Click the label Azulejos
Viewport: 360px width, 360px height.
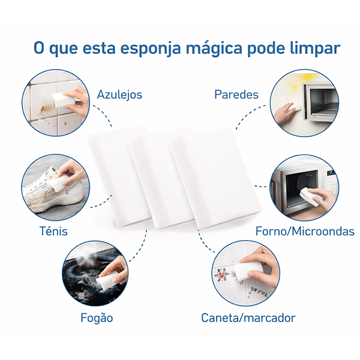click(119, 95)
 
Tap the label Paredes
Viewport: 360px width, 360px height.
click(236, 94)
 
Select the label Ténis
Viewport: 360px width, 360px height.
click(53, 230)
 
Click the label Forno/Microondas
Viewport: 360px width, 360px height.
click(305, 231)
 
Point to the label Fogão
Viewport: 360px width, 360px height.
click(97, 317)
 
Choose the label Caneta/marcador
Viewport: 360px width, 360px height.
click(248, 318)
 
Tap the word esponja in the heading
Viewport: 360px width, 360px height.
click(151, 49)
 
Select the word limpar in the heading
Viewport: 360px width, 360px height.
click(315, 49)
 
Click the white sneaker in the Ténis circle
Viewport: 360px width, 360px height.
click(53, 192)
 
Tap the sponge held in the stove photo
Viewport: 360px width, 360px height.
click(107, 277)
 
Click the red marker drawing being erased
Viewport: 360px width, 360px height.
click(221, 274)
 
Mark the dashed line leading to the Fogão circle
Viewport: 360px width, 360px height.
click(140, 247)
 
